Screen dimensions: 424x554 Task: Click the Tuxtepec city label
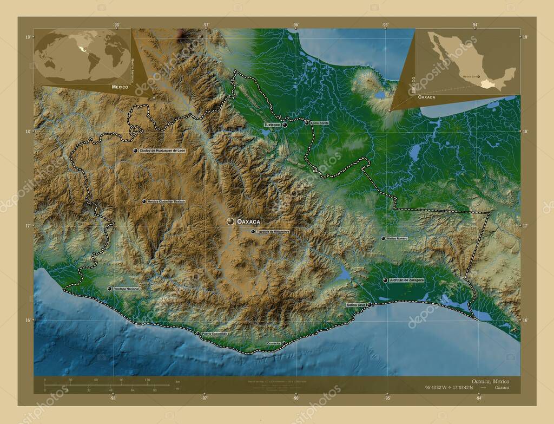[x=272, y=125]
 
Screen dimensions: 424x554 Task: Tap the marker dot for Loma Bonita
[x=307, y=123]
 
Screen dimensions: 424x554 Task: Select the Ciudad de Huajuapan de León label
[x=162, y=151]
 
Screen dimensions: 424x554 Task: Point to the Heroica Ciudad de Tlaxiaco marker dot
[x=144, y=201]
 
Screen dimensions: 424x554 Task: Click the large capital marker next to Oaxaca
[x=230, y=221]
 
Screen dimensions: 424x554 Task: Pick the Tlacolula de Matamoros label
[x=273, y=232]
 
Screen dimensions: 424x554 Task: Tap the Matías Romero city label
[x=398, y=238]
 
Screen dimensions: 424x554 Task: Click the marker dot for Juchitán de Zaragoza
[x=385, y=280]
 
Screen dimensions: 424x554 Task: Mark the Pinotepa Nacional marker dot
[x=110, y=289]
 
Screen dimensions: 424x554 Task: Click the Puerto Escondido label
[x=215, y=334]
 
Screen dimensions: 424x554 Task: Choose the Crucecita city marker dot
[x=284, y=343]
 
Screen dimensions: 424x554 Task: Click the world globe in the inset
[x=82, y=56]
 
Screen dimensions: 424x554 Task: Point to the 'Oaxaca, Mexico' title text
[x=490, y=381]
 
